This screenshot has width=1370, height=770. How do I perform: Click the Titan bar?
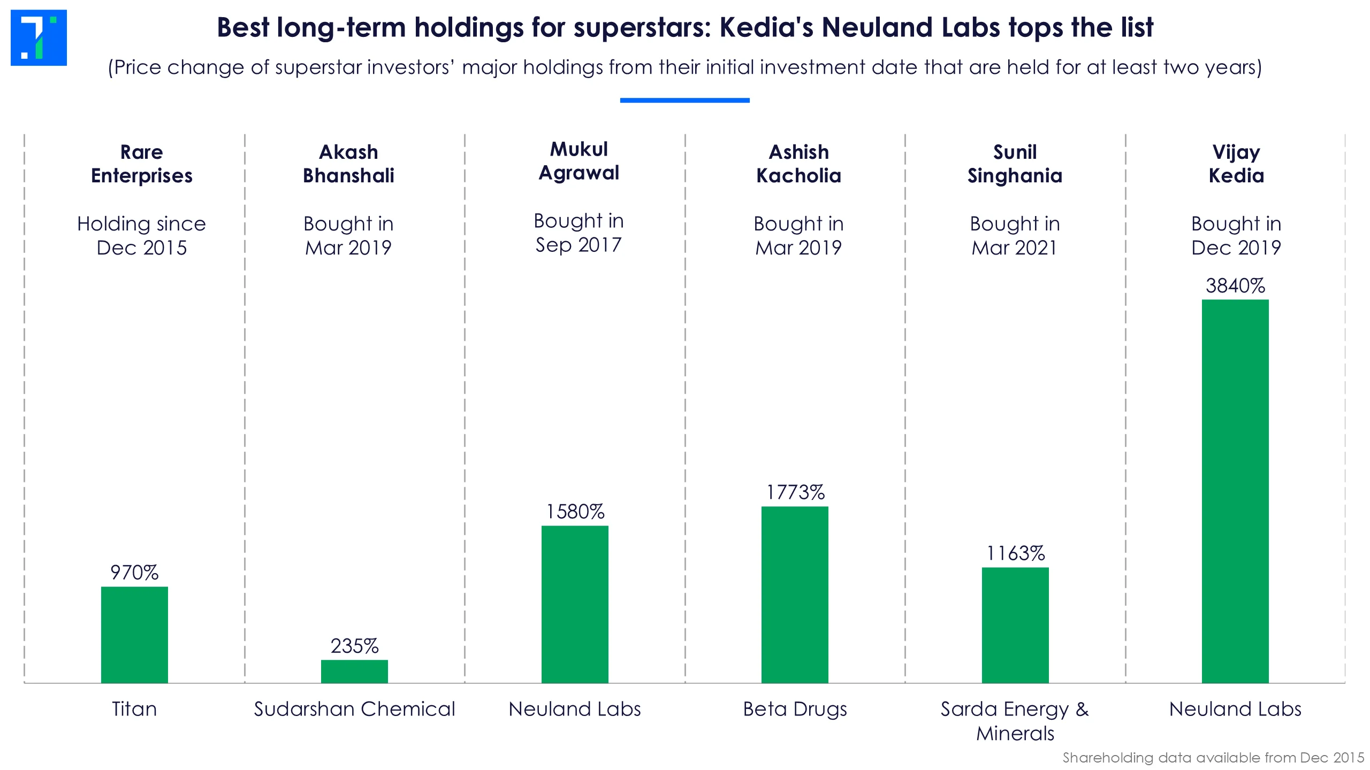tap(134, 635)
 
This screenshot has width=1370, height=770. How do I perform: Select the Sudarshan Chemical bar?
tap(354, 672)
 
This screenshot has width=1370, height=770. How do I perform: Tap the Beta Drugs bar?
tap(795, 595)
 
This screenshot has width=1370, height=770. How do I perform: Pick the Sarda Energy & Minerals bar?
tap(1015, 625)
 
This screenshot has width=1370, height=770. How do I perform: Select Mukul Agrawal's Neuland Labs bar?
tap(575, 604)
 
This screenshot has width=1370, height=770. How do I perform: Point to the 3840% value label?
tap(1235, 286)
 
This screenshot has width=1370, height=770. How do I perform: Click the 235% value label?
tap(354, 646)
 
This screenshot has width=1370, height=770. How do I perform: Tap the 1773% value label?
tap(795, 492)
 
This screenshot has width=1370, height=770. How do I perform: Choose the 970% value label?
tap(134, 573)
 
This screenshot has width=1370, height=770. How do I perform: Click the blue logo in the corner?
tap(39, 37)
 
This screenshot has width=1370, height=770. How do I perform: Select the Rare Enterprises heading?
tap(142, 164)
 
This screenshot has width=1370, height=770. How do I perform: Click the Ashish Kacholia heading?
tap(798, 164)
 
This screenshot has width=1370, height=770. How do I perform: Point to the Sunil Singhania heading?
tap(1015, 164)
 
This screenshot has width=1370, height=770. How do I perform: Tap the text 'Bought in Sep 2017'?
tap(579, 233)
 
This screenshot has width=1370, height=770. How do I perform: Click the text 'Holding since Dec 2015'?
tap(142, 236)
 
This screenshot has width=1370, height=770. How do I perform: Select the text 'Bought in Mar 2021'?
tap(1015, 236)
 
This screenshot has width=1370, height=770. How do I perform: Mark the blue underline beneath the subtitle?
tap(684, 100)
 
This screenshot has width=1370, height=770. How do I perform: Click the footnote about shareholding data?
tap(1213, 758)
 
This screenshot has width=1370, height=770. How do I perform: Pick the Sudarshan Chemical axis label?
tap(354, 709)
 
